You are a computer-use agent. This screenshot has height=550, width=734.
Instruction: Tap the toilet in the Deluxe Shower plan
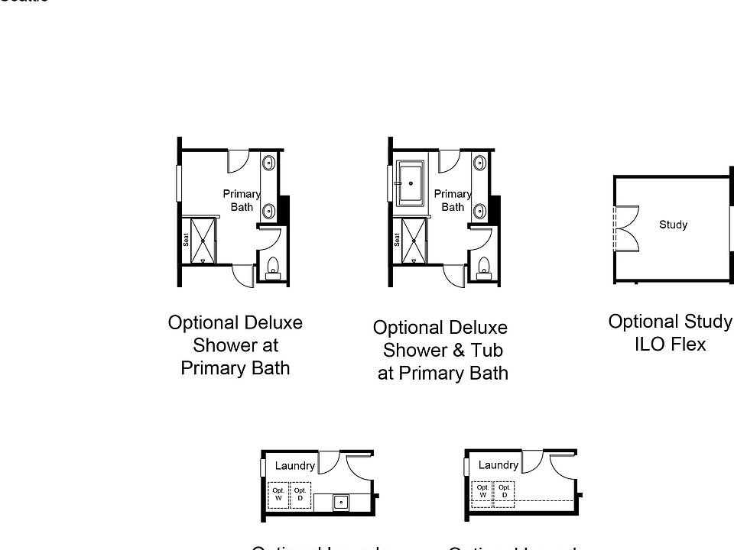click(x=273, y=267)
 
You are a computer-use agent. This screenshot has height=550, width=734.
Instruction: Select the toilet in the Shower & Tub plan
click(x=483, y=267)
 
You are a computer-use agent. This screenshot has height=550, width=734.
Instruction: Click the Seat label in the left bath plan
click(x=185, y=239)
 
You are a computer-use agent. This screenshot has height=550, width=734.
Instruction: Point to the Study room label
click(x=673, y=225)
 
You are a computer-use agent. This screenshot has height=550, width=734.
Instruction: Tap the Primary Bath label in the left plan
click(x=242, y=200)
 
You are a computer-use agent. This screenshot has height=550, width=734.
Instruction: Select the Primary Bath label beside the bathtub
click(x=453, y=200)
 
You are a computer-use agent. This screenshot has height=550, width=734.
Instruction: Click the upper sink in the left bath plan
click(x=269, y=163)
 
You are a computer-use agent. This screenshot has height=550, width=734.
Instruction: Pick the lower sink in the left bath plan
click(x=269, y=210)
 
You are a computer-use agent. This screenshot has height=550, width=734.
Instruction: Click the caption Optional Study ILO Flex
click(x=670, y=332)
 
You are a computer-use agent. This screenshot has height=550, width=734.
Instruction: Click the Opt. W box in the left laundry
click(x=278, y=494)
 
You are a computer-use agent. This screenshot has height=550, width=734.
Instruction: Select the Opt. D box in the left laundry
click(x=300, y=494)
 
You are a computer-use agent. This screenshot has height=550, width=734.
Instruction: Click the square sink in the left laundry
click(x=341, y=502)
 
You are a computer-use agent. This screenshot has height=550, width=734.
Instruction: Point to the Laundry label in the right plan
click(x=498, y=464)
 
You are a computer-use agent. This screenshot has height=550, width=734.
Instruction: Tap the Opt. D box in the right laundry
click(x=504, y=491)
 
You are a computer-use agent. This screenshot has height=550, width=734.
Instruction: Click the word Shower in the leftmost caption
click(x=235, y=345)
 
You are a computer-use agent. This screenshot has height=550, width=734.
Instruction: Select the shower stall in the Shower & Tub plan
click(x=414, y=241)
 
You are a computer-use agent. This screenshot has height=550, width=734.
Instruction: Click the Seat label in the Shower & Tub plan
click(x=397, y=239)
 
